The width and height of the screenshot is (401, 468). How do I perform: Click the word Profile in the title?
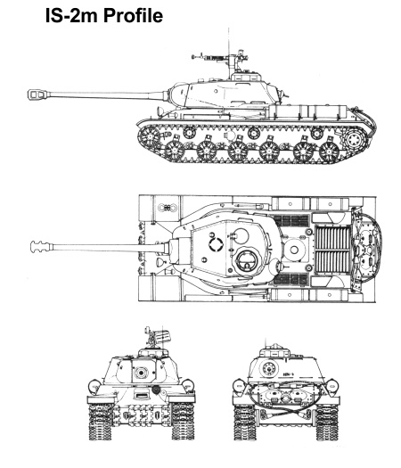[x=133, y=15]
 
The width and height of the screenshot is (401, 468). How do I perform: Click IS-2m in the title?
[x=71, y=15]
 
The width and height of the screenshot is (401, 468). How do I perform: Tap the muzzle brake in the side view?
[x=38, y=94]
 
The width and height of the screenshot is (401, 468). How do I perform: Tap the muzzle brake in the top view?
[x=41, y=247]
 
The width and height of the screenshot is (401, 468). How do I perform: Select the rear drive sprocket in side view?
[x=355, y=139]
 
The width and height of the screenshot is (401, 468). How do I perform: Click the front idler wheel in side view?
[x=149, y=137]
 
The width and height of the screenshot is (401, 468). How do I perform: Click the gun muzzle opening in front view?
[x=141, y=373]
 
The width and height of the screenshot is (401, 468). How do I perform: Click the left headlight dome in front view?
[x=94, y=386]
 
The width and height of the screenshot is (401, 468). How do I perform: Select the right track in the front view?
[x=183, y=421]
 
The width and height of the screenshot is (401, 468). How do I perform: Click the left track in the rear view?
[x=245, y=422]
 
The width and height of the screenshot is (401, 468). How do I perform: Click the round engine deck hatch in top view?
[x=294, y=250]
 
